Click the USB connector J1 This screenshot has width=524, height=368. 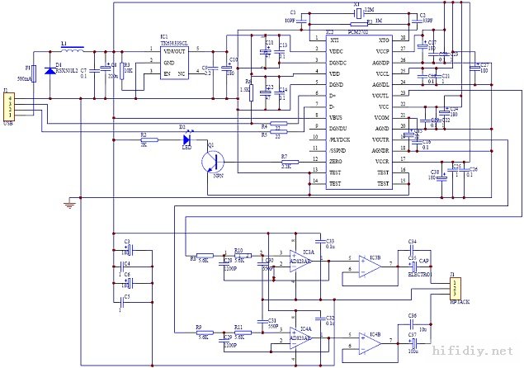tap(10, 106)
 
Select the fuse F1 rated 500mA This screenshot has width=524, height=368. tap(35, 73)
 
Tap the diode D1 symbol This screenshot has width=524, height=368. tap(50, 72)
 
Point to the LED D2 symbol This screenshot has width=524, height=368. tap(187, 139)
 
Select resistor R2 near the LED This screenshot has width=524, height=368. tap(144, 139)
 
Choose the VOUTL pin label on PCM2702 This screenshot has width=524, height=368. tap(380, 95)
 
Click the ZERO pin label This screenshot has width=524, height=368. tap(313, 161)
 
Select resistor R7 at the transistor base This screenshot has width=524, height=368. tap(284, 161)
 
